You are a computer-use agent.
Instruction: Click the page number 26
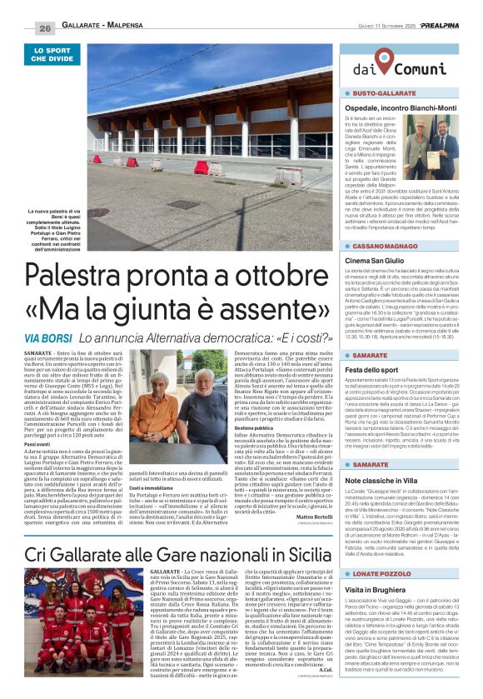click(x=44, y=28)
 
